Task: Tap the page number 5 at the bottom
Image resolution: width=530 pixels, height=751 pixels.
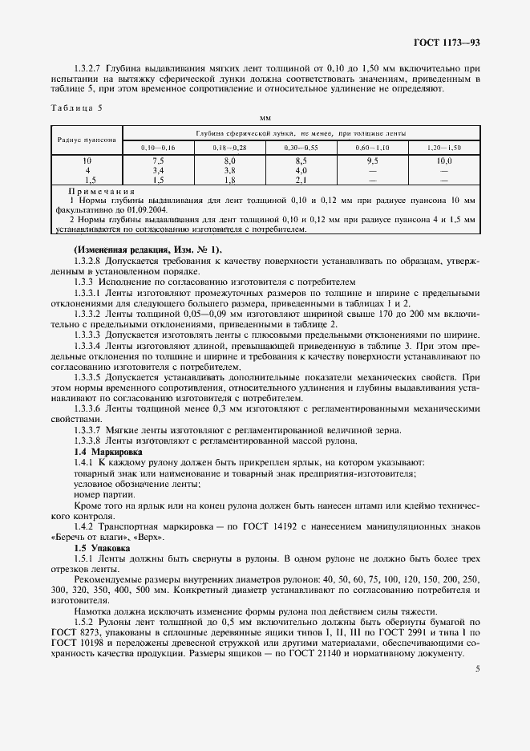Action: click(477, 668)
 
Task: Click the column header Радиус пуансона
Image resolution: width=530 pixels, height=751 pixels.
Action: click(87, 140)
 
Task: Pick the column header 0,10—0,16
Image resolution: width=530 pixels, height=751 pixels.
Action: click(158, 148)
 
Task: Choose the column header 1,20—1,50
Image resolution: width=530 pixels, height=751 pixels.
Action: click(444, 148)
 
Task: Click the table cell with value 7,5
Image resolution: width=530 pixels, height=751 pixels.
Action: click(158, 160)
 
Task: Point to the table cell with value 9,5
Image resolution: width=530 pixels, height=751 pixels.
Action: click(372, 160)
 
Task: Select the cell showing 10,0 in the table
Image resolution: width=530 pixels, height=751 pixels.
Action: click(444, 160)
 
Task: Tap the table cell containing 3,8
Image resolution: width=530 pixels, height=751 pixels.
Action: click(229, 170)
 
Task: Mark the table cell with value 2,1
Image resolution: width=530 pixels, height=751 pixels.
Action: click(301, 180)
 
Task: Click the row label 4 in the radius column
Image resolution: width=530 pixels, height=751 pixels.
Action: click(87, 170)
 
